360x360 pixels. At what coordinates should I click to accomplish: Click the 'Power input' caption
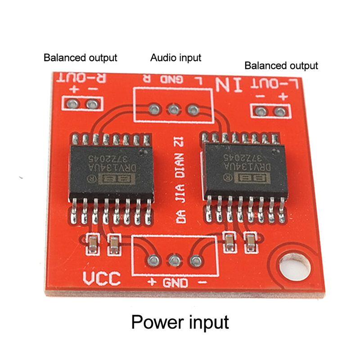coord(180,322)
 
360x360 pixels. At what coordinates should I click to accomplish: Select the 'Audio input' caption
coord(175,58)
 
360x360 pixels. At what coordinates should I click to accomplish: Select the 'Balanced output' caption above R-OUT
coord(80,58)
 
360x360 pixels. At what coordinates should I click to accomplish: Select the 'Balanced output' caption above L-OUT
coord(281,66)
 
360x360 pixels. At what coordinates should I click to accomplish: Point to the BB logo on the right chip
coord(247,178)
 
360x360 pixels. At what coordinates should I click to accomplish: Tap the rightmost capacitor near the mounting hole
coord(248,241)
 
